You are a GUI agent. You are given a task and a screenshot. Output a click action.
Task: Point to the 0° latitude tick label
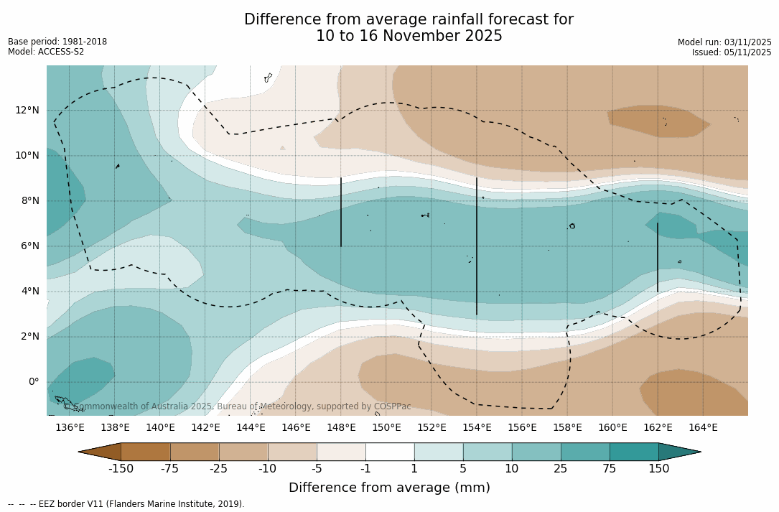(34, 381)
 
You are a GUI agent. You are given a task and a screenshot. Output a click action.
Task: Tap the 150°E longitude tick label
(386, 427)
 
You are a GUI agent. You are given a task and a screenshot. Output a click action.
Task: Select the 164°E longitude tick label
(703, 427)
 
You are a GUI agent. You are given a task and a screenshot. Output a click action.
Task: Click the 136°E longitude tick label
(70, 427)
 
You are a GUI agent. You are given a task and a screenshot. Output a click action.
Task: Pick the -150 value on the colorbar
(121, 469)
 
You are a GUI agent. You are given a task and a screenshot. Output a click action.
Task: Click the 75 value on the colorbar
(610, 469)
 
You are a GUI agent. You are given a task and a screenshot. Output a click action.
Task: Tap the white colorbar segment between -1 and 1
(390, 452)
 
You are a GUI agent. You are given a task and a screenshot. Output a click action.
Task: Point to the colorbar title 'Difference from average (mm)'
(389, 488)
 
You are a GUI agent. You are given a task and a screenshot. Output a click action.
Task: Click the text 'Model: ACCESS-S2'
(46, 52)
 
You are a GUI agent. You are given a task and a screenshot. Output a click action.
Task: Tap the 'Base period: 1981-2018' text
(57, 42)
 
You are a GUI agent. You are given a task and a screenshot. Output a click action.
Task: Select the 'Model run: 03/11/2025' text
(724, 42)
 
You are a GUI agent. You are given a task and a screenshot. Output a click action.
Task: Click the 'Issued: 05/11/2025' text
(732, 52)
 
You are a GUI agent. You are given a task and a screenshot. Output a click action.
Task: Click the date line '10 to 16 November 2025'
(409, 36)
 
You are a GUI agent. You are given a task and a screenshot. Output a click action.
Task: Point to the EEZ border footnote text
(126, 504)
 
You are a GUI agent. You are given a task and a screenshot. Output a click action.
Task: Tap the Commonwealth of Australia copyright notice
(238, 406)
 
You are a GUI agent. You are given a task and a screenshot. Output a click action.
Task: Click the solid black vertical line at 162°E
(658, 257)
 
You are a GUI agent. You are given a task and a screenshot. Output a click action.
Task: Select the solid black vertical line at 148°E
(341, 212)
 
